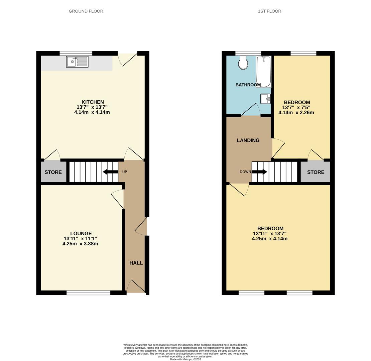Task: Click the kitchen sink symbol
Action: coord(77,62)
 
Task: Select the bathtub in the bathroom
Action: coord(264,72)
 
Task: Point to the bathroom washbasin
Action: coord(265,99)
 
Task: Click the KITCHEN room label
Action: coord(93,102)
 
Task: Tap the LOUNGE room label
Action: coord(81,234)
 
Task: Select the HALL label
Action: coord(136,263)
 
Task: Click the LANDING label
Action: coord(248,140)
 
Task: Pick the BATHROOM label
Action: coord(248,85)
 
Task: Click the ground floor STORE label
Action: coord(53,172)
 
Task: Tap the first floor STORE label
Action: coord(316,172)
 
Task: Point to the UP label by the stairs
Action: coord(124,172)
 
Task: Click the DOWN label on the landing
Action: coord(245,172)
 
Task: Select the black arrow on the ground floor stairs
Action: coord(111,172)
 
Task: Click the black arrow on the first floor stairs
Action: coord(260,172)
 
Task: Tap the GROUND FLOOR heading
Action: coord(86,11)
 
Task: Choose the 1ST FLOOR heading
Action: coord(269,11)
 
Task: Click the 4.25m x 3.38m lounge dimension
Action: coord(80,244)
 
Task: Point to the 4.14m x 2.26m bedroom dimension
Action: coord(296,113)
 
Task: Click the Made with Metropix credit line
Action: coord(185,359)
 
